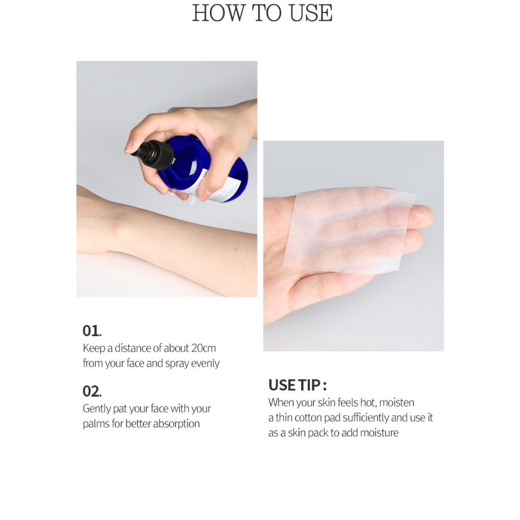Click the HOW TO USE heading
(263, 13)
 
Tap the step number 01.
(92, 331)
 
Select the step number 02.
(92, 392)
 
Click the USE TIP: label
(298, 385)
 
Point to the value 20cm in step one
(203, 348)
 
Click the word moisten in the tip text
(397, 403)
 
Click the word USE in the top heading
(311, 13)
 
